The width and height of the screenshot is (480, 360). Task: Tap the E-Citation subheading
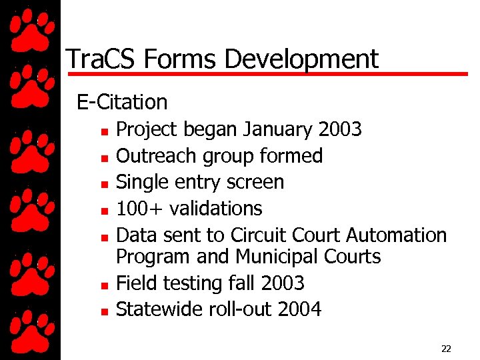click(122, 102)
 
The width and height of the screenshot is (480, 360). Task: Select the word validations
click(216, 209)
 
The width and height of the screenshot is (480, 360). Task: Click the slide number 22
click(446, 348)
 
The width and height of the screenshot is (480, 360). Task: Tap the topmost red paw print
click(30, 27)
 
